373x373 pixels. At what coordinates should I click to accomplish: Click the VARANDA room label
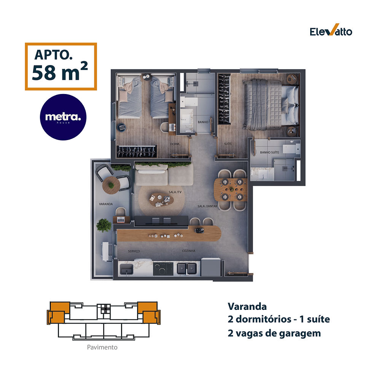click(x=105, y=204)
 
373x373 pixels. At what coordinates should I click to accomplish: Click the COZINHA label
click(x=188, y=251)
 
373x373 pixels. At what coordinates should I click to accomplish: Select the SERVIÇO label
click(x=134, y=251)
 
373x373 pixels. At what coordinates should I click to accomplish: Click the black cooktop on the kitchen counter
click(x=163, y=269)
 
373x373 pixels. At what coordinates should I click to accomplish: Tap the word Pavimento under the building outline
click(x=102, y=347)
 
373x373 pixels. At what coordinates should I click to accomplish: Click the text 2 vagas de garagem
click(x=274, y=333)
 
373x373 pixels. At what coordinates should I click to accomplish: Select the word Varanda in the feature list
click(x=247, y=306)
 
